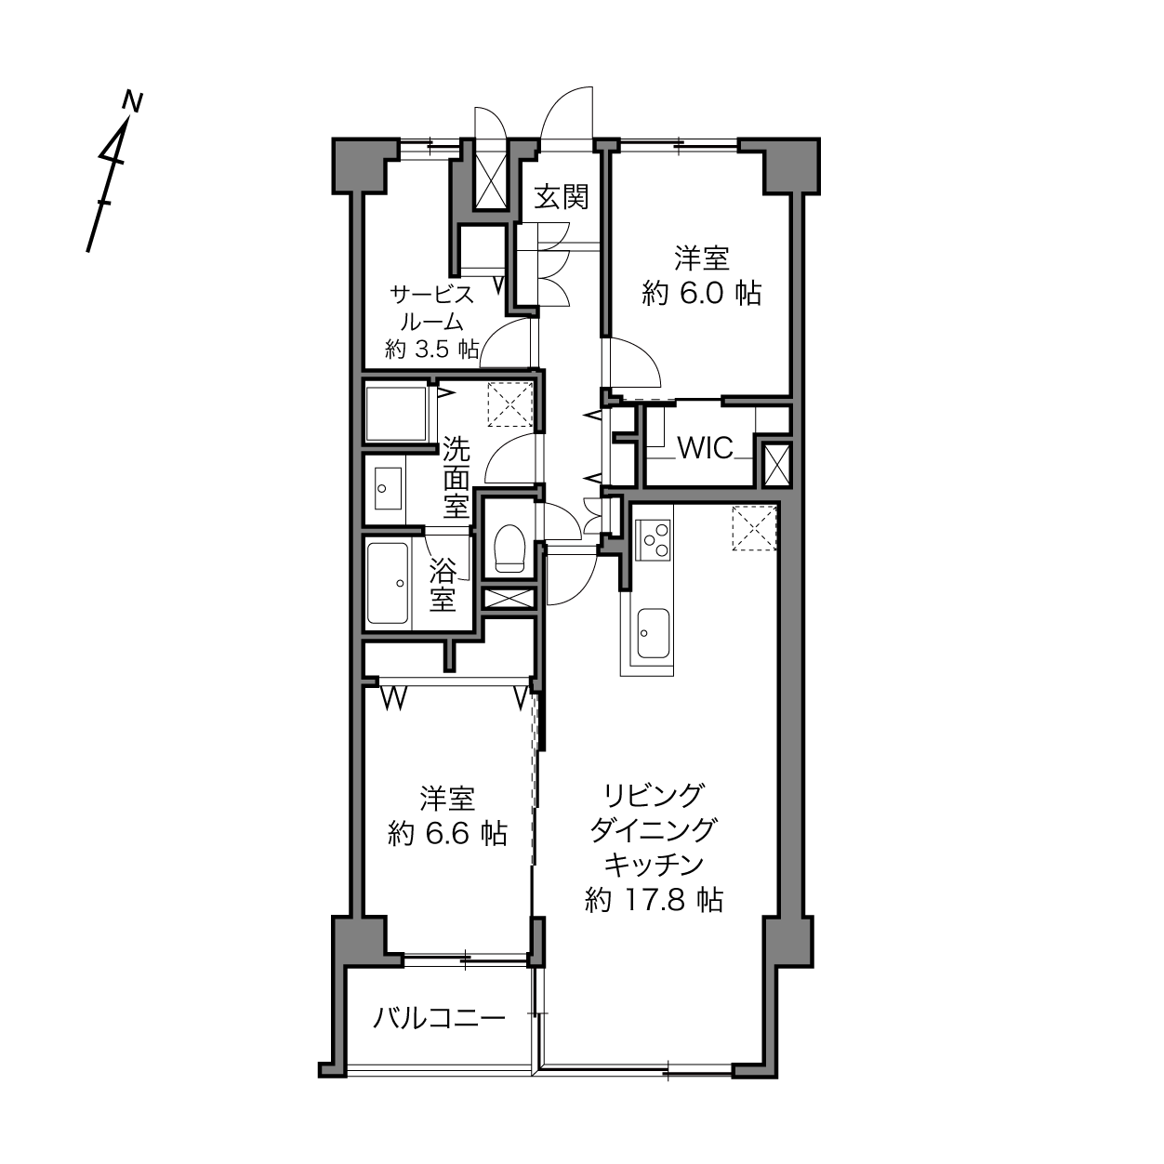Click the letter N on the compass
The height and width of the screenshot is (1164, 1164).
(132, 101)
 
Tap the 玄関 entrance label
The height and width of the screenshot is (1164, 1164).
(562, 196)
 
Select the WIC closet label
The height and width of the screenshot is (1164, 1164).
(705, 447)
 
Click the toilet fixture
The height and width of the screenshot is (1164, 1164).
(509, 548)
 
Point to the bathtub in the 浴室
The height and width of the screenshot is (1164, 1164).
(388, 582)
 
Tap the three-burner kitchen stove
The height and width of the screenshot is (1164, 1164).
(653, 540)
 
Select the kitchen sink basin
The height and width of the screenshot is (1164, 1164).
(654, 633)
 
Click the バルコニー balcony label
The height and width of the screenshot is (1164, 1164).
(439, 1018)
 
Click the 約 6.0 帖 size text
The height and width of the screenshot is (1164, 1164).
(701, 294)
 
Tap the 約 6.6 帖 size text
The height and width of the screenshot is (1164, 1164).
(447, 834)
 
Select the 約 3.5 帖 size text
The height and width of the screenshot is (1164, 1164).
(432, 350)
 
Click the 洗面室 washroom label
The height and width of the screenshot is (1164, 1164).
(456, 477)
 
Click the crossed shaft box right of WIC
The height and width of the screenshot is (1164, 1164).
(776, 465)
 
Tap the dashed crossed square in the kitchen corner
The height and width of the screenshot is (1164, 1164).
(754, 528)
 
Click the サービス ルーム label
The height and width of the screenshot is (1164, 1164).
(432, 308)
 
